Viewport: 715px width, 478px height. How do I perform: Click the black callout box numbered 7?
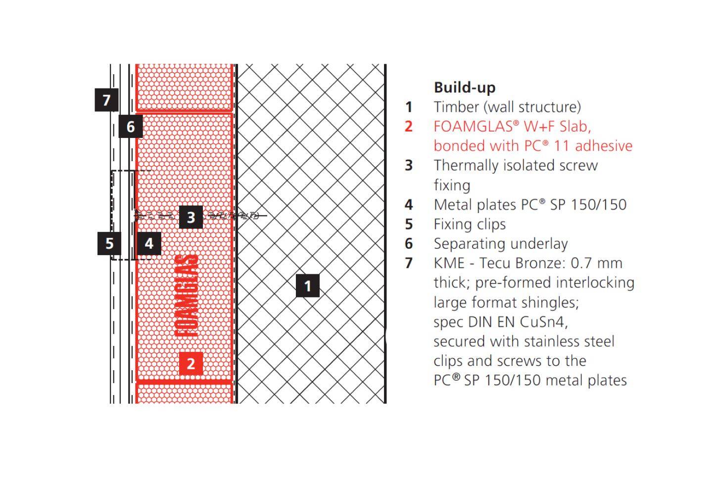[x=106, y=100]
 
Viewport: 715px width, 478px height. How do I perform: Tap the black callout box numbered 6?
[x=131, y=127]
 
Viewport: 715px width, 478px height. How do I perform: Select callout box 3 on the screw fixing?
[x=191, y=217]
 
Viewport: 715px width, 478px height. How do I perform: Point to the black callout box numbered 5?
[x=109, y=243]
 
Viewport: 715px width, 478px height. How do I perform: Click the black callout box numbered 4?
[x=149, y=243]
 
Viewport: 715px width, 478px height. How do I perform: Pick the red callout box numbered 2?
[x=191, y=364]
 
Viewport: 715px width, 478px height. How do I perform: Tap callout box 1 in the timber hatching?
[x=308, y=286]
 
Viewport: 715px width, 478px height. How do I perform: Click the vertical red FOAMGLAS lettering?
[x=188, y=297]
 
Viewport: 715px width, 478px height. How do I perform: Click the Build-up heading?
[x=465, y=87]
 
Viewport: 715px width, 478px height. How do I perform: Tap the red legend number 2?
[x=408, y=127]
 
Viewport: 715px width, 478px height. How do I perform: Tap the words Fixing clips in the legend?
[x=470, y=224]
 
